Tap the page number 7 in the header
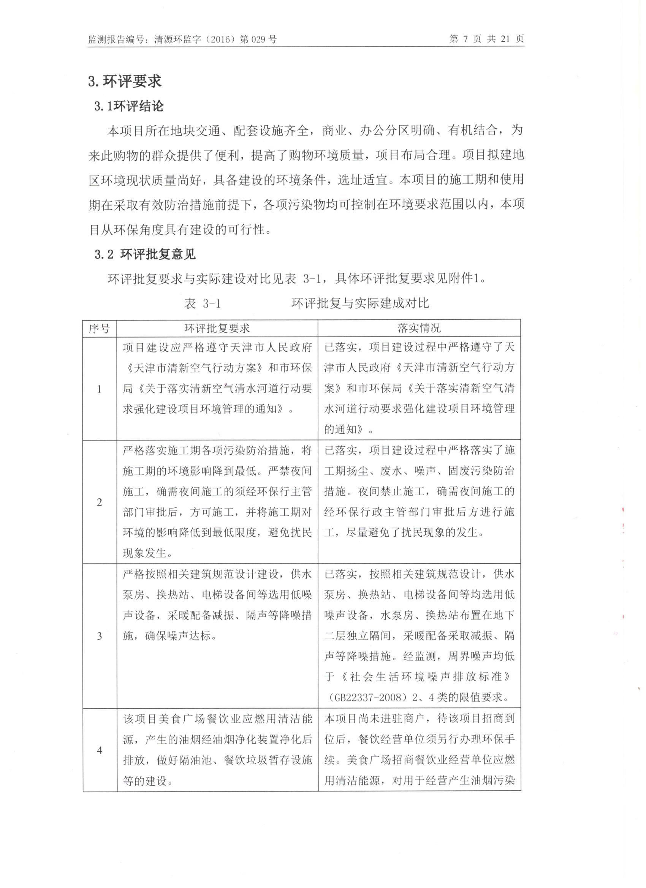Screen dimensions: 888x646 tap(465, 39)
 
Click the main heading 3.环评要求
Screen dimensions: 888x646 tap(125, 81)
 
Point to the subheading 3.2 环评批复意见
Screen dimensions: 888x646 tap(145, 254)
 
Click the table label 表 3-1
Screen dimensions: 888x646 tap(202, 303)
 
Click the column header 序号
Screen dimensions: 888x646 tap(100, 328)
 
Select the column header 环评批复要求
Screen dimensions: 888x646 tap(217, 328)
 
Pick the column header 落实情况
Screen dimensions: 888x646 tap(419, 328)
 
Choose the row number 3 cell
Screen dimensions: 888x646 tap(100, 636)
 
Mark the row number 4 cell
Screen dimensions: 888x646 tap(100, 750)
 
